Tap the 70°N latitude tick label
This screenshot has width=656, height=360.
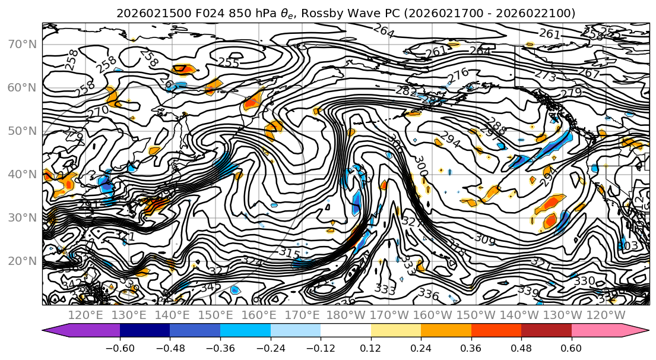(22, 45)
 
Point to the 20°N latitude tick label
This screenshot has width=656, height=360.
(22, 261)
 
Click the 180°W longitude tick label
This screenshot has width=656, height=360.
(346, 315)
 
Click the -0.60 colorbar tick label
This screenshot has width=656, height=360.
(119, 348)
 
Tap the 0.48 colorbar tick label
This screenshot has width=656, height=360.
(521, 348)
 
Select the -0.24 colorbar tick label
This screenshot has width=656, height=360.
(270, 348)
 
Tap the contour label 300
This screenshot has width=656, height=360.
(420, 162)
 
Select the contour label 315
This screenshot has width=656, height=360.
(289, 252)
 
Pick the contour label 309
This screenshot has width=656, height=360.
(485, 239)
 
